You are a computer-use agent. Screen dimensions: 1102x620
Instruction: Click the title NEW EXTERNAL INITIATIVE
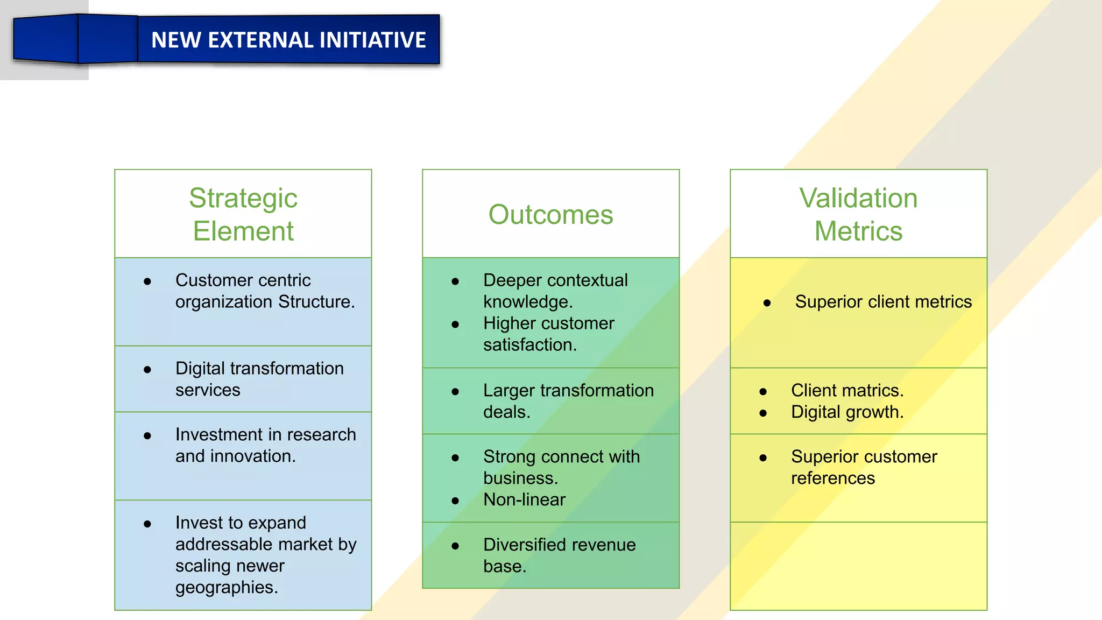(x=288, y=40)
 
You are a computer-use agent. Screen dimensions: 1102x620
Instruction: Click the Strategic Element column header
(x=243, y=214)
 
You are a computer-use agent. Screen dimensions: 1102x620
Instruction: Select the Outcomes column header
(x=550, y=215)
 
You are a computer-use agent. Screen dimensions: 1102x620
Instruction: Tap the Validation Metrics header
(x=858, y=214)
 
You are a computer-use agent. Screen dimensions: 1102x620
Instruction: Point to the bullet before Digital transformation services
(x=147, y=369)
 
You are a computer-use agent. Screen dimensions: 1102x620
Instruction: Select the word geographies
(x=227, y=588)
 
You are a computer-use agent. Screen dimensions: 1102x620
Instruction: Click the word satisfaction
(x=529, y=344)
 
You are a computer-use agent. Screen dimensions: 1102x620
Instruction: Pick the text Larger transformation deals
(x=568, y=401)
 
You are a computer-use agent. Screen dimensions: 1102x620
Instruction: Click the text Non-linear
(x=524, y=499)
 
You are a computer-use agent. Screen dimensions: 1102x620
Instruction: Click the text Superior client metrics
(x=884, y=301)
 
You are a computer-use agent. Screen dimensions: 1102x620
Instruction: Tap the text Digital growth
(x=847, y=412)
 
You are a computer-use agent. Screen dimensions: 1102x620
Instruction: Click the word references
(x=833, y=478)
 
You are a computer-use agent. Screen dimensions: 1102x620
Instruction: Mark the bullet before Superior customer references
(x=763, y=458)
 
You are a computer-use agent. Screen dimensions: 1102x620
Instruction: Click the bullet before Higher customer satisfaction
(x=455, y=325)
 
